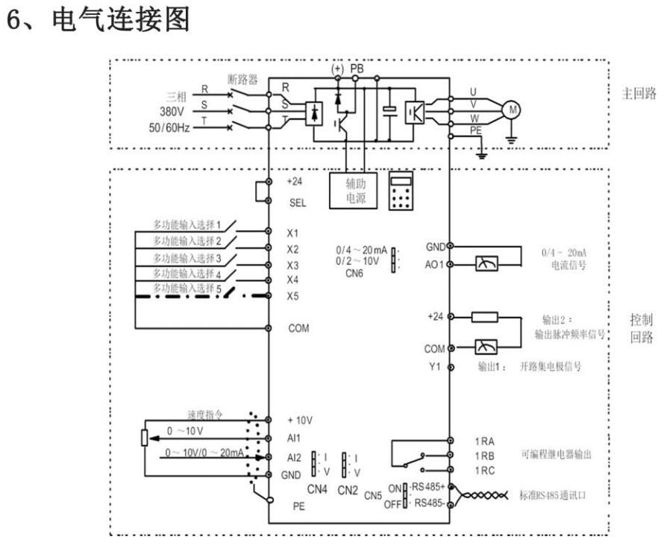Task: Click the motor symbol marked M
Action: [512, 110]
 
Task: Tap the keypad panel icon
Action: [402, 190]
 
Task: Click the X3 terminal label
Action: [292, 265]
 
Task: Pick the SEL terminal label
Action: [295, 201]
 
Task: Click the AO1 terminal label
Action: [435, 263]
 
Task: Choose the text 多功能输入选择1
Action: [188, 224]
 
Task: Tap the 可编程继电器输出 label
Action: [557, 455]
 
